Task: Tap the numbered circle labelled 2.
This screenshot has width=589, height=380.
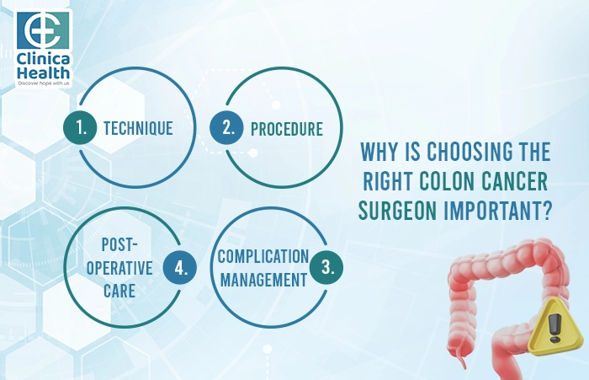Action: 227,129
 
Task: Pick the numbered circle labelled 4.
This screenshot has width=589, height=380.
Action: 180,268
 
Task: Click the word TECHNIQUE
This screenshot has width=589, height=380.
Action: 138,129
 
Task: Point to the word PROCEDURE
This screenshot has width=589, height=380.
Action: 286,130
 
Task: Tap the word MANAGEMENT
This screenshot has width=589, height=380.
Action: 263,280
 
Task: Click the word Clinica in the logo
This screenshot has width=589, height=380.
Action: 44,60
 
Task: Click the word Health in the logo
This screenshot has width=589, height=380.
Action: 44,73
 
